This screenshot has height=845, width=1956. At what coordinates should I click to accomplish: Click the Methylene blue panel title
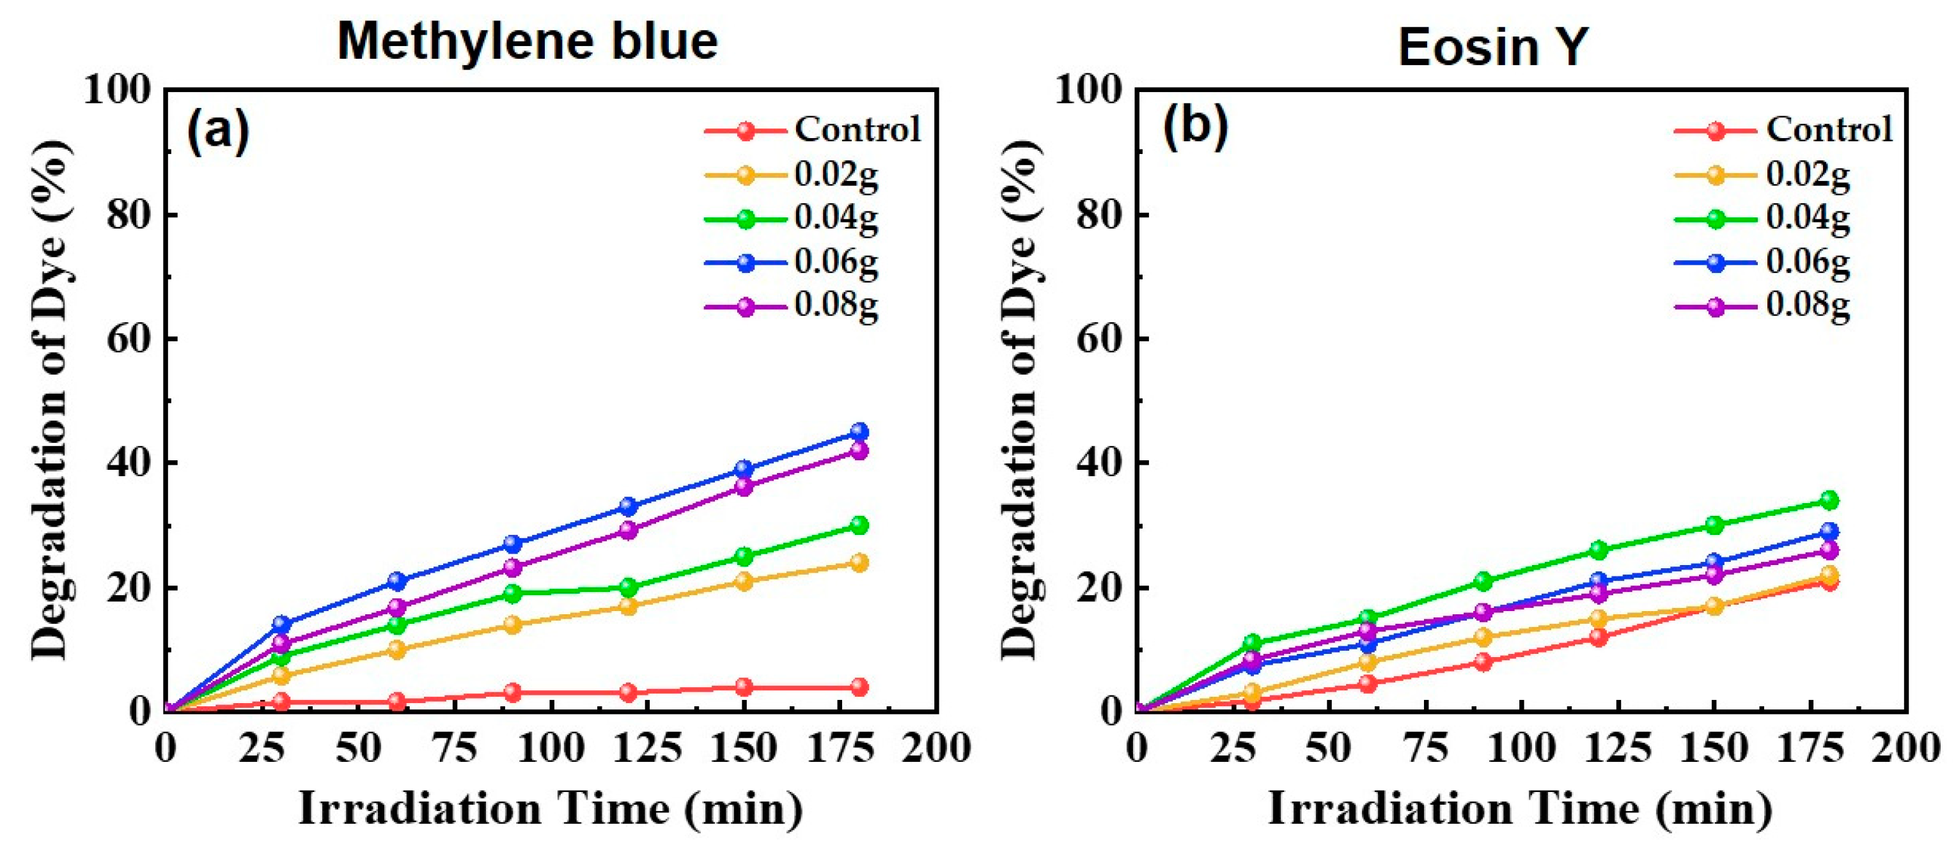coord(527,42)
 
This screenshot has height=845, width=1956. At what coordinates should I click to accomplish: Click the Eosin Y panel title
coord(1493,47)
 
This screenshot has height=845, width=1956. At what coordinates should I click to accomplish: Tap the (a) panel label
coord(218,130)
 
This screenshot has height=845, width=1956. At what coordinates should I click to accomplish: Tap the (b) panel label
coord(1195,125)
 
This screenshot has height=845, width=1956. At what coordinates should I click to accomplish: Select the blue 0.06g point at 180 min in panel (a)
coord(859,432)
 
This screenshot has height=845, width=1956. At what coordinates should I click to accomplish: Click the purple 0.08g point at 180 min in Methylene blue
coord(859,450)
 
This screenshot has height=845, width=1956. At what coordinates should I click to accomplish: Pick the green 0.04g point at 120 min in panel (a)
coord(628,587)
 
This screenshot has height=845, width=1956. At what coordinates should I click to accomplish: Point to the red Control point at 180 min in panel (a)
coord(859,687)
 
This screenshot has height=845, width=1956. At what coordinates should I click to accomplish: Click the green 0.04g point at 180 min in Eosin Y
coord(1829,500)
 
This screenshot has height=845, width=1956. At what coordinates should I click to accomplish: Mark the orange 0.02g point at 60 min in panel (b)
coord(1368,662)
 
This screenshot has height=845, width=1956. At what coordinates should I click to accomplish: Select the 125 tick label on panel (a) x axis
coord(647,748)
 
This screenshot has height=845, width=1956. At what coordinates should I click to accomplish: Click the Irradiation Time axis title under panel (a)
coord(551,809)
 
